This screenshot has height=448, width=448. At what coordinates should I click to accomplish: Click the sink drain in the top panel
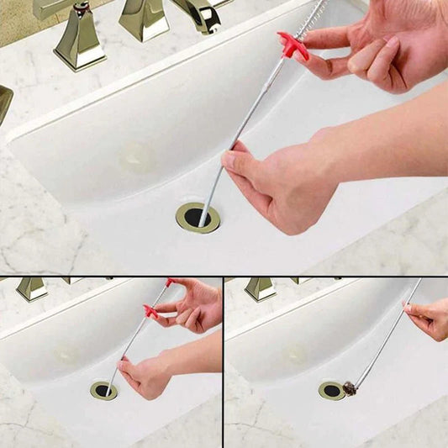tap(198, 217)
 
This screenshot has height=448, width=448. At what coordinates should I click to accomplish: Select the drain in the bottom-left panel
tap(104, 391)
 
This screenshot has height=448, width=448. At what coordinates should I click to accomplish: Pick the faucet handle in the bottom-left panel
tap(32, 288)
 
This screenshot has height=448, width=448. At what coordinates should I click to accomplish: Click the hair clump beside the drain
tap(349, 388)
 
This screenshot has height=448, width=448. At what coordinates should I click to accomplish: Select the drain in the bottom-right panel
tap(331, 391)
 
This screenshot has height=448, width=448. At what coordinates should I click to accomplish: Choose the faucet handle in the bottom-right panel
tap(260, 288)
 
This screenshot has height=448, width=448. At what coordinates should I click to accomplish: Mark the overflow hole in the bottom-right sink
tap(293, 354)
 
